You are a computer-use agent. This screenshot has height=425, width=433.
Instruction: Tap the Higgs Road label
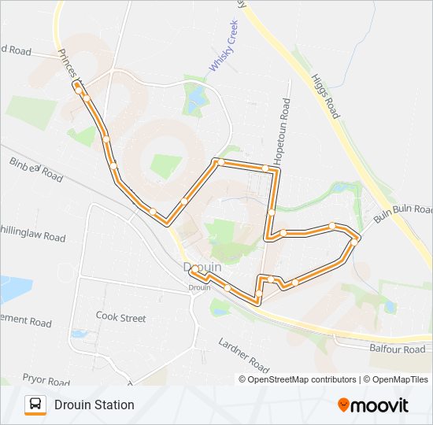pyautogui.click(x=324, y=97)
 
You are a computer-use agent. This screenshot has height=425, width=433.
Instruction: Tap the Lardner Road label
pyautogui.click(x=243, y=354)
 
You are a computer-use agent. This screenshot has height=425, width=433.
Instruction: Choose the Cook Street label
pyautogui.click(x=120, y=317)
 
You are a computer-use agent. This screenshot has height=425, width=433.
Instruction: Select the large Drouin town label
pyautogui.click(x=202, y=268)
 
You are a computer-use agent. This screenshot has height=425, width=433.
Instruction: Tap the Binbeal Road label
pyautogui.click(x=36, y=169)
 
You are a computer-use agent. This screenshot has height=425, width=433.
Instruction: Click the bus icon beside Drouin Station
pyautogui.click(x=35, y=405)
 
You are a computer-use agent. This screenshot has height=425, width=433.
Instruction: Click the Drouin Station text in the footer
pyautogui.click(x=94, y=405)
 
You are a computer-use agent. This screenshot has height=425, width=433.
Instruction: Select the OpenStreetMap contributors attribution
pyautogui.click(x=302, y=379)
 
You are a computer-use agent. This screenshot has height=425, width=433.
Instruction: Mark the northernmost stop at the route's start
pyautogui.click(x=77, y=85)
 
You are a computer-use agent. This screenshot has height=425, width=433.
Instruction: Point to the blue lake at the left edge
pyautogui.click(x=9, y=288)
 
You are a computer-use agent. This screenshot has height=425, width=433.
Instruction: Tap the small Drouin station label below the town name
pyautogui.click(x=198, y=286)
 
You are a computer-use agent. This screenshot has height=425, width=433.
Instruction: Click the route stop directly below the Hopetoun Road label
pyautogui.click(x=266, y=168)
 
